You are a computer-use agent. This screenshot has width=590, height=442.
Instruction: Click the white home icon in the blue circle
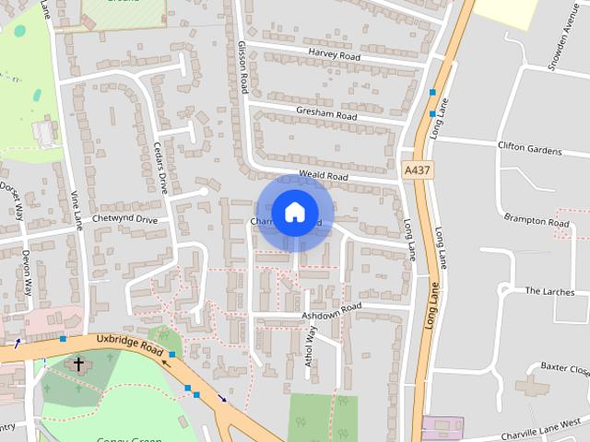point(294,213)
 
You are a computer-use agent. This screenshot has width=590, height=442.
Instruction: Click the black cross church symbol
point(78,366)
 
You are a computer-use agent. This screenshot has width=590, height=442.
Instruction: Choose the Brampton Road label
point(536,221)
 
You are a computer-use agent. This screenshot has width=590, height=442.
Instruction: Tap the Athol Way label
point(311,344)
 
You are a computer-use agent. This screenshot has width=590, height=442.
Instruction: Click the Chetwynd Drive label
point(125,220)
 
